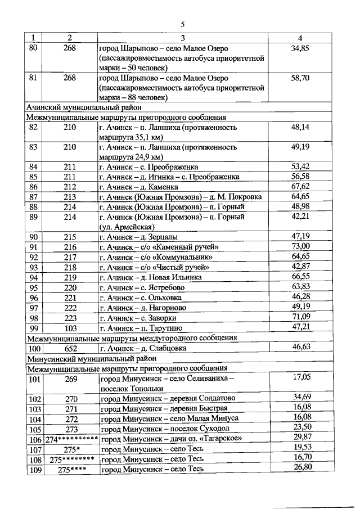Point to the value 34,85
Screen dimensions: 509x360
[x=300, y=49]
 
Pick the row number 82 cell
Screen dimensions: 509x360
[x=34, y=128]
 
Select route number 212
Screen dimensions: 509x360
[x=70, y=186]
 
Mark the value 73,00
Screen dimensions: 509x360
[x=300, y=246]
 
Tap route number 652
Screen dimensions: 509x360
[x=70, y=348]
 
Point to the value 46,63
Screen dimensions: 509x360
[x=301, y=348]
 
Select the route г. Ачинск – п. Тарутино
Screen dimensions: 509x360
[x=141, y=328]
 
